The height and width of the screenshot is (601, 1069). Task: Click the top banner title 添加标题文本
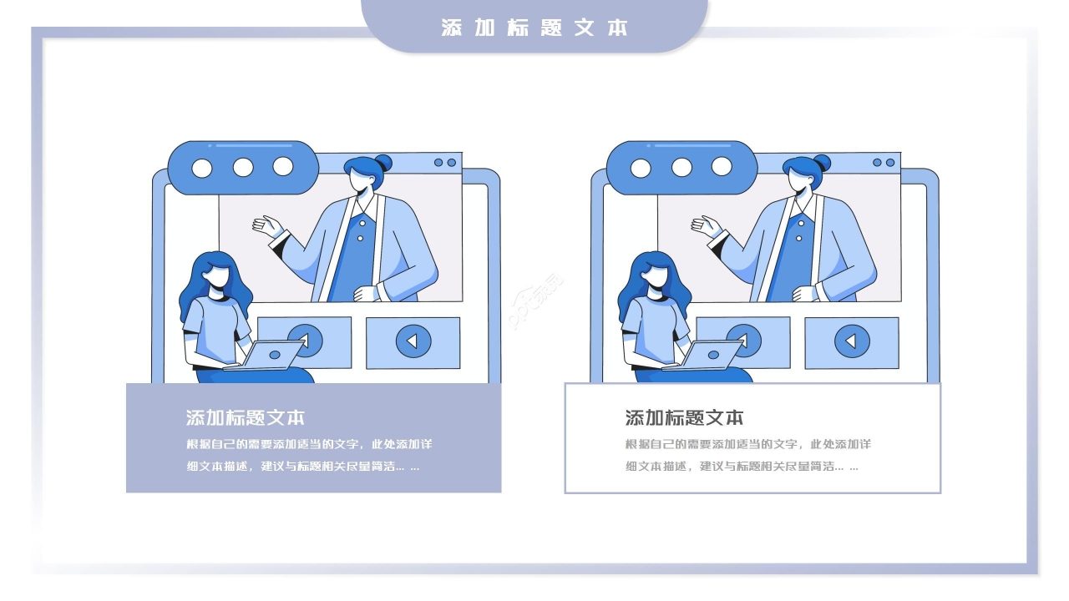(x=534, y=28)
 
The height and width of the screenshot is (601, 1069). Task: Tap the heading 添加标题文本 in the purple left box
(x=246, y=417)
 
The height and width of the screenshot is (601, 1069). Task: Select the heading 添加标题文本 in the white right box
(x=684, y=417)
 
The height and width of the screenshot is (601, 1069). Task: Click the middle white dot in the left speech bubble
(x=243, y=167)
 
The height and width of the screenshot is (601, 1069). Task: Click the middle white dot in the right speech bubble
(x=681, y=167)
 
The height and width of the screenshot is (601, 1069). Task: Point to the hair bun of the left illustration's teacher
(x=383, y=163)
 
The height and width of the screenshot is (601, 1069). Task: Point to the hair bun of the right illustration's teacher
(x=822, y=163)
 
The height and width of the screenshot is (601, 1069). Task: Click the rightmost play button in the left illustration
(x=413, y=341)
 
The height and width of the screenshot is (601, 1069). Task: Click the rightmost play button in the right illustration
(x=851, y=341)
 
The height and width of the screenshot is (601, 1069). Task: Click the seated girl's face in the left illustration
(x=220, y=276)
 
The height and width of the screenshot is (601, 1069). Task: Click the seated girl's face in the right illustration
(x=658, y=276)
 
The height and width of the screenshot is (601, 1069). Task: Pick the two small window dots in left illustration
(x=445, y=163)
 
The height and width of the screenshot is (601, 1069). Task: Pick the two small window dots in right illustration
(x=884, y=163)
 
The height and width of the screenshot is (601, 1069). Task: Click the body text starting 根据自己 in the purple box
(x=309, y=444)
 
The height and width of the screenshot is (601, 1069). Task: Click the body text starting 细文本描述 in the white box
(x=742, y=467)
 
